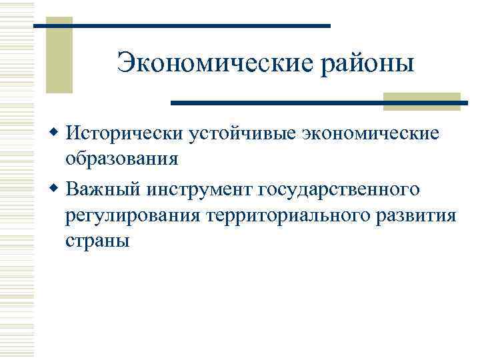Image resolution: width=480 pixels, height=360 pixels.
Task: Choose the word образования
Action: tap(122, 160)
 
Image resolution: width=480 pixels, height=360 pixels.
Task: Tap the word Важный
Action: tap(103, 190)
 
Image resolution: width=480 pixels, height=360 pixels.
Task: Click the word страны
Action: tap(97, 241)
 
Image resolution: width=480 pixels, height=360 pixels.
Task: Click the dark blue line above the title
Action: tap(181, 25)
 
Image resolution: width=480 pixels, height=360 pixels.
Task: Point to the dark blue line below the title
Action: tap(320, 103)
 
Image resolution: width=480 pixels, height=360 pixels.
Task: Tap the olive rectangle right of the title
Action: tap(422, 101)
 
